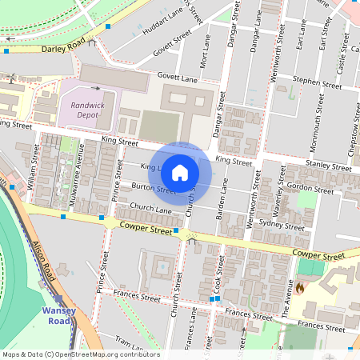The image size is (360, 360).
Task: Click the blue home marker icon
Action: click(x=181, y=173)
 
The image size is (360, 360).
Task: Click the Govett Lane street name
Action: click(x=177, y=78)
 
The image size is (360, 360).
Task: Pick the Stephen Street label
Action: click(x=317, y=82)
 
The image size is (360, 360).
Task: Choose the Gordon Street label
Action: click(x=310, y=188)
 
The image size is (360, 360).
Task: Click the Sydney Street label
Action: click(x=283, y=223)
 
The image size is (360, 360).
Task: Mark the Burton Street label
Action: click(x=153, y=188)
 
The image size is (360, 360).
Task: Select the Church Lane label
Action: click(x=151, y=209)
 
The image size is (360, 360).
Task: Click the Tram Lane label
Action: click(x=126, y=342)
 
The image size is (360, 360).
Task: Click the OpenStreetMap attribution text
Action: click(x=80, y=354)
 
